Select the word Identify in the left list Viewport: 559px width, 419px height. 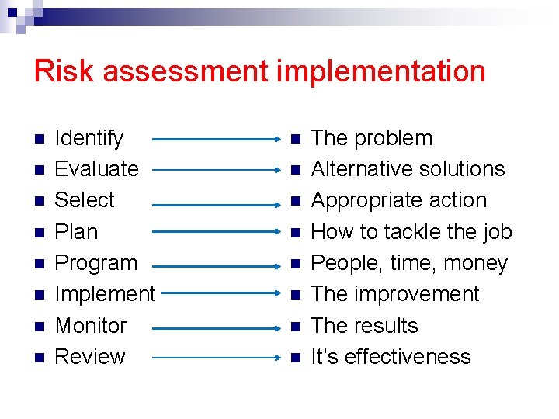pos(89,139)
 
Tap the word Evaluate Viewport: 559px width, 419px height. pos(97,169)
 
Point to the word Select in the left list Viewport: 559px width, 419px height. pos(85,200)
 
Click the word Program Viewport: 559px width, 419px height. pos(96,264)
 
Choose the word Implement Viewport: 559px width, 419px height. pos(105,294)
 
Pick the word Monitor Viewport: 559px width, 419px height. pos(91,326)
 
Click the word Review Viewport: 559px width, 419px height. pos(90,357)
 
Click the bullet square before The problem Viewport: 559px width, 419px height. pos(295,140)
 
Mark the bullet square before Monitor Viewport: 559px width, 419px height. pos(40,327)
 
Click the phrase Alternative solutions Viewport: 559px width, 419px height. pos(408,169)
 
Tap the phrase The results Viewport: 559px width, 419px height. pos(364,326)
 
